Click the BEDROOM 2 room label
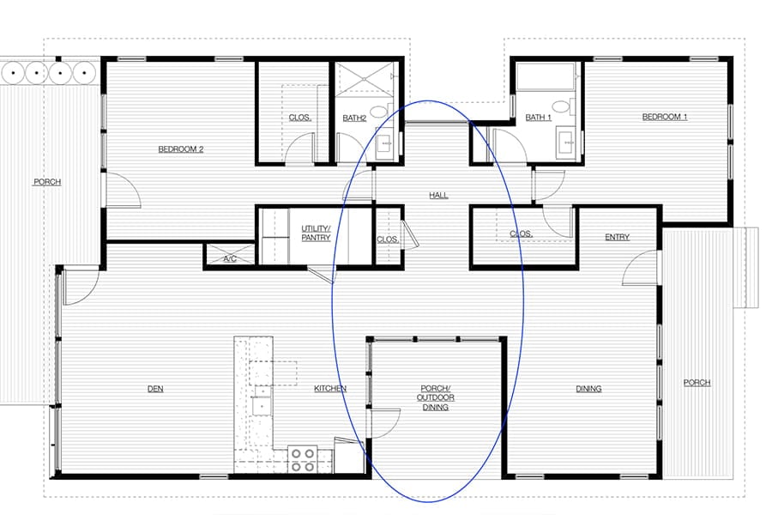[180, 148]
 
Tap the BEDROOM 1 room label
[665, 117]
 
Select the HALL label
[438, 196]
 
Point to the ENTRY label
[617, 237]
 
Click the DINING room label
[588, 389]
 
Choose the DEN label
[155, 389]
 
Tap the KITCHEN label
[330, 389]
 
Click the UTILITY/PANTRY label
[316, 233]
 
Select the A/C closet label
[230, 257]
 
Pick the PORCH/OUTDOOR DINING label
[436, 397]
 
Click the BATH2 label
[354, 118]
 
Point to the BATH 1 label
[538, 118]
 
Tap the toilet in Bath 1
[561, 107]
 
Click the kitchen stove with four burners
[302, 459]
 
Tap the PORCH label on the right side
[697, 383]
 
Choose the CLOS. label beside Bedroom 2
[299, 118]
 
